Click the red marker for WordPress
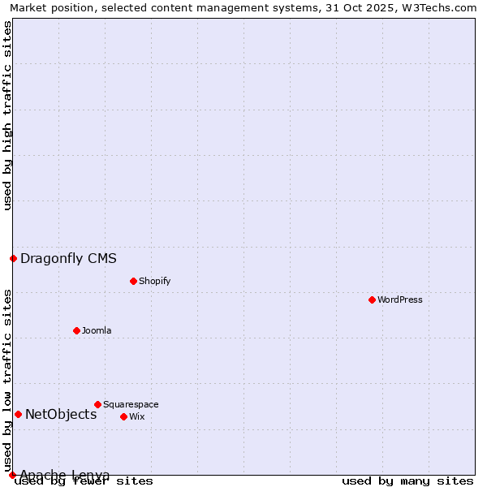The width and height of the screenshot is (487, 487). point(372,300)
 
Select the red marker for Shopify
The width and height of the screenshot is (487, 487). point(133,281)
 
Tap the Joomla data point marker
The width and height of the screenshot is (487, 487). point(76,330)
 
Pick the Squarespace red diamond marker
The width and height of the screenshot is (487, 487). point(97,404)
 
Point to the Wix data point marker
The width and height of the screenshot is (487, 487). point(123,416)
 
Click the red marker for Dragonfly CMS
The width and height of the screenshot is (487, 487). point(13,259)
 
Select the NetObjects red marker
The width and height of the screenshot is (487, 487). point(18,414)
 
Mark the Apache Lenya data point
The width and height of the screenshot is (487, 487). point(12,475)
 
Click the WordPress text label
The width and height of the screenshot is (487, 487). point(400,300)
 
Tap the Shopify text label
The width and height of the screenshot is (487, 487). point(154,281)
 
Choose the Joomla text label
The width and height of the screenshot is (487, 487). point(97,330)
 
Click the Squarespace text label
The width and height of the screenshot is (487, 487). point(131,404)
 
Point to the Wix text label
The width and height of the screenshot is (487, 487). point(137,416)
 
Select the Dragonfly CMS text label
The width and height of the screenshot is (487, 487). point(68,259)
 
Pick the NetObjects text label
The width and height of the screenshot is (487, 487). point(61,414)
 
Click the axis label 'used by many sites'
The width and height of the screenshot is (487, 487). point(407,481)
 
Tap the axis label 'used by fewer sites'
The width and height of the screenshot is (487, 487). point(84,481)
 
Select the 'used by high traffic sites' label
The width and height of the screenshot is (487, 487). point(7,115)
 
